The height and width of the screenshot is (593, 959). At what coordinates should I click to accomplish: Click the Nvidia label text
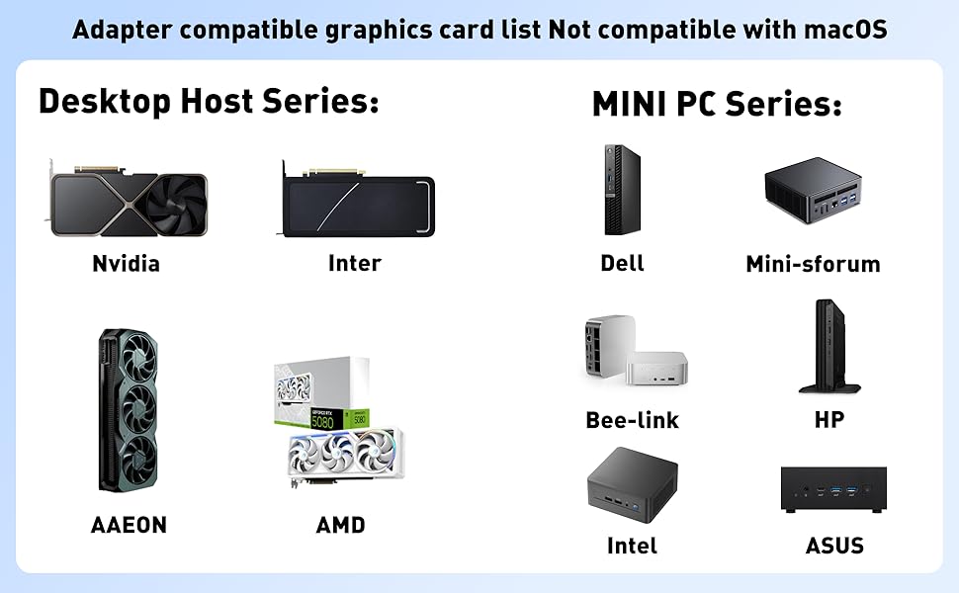click(x=126, y=264)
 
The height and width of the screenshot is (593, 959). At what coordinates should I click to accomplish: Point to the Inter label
click(x=354, y=264)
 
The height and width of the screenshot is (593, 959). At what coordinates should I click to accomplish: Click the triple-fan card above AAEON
click(x=129, y=410)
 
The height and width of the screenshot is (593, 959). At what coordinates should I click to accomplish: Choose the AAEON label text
click(x=129, y=526)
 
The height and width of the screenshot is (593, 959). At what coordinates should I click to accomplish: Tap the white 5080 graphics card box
click(x=321, y=395)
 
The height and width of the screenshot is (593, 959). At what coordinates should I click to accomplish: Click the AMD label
click(x=340, y=526)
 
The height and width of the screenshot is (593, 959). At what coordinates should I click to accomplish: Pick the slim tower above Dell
click(x=623, y=190)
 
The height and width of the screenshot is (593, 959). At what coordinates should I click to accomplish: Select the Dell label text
click(x=622, y=264)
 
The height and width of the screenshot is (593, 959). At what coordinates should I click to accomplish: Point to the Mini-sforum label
click(x=813, y=264)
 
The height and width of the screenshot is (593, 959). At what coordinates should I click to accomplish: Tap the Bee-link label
click(x=632, y=420)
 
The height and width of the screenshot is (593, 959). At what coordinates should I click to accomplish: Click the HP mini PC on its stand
click(x=828, y=346)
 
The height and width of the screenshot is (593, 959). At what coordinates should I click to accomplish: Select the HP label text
click(x=828, y=420)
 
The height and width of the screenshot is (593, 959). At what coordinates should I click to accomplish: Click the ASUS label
click(x=834, y=546)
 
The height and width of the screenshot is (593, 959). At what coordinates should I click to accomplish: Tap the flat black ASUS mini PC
click(x=833, y=489)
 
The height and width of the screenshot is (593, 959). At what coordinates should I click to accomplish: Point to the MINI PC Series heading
click(x=717, y=104)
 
